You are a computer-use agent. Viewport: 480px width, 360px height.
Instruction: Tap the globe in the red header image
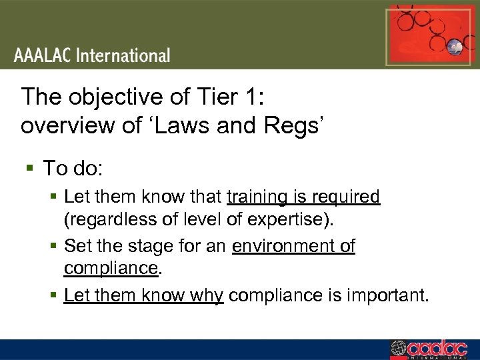(x=456, y=47)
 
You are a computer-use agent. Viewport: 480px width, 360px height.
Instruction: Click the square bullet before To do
(x=29, y=168)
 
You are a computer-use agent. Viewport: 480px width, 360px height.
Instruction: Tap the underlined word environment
(x=283, y=246)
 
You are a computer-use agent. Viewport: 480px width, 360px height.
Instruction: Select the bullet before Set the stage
(x=55, y=246)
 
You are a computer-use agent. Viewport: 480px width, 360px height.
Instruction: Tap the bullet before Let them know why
(x=55, y=295)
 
